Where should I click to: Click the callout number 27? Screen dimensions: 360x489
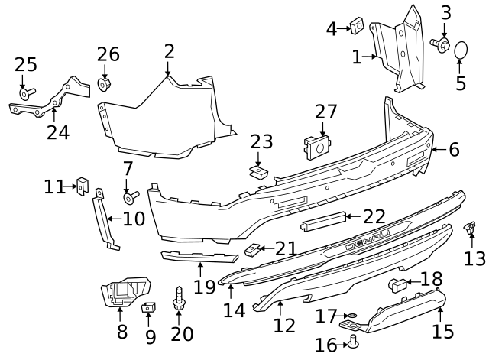(325, 112)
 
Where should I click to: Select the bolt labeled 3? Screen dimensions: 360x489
(441, 45)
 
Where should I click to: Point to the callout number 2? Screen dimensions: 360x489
(169, 51)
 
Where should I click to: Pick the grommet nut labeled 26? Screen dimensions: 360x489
(106, 83)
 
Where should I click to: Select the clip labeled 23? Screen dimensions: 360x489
(259, 172)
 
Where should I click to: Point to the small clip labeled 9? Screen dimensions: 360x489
(148, 307)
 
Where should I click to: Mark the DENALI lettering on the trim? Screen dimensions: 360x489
(366, 248)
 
